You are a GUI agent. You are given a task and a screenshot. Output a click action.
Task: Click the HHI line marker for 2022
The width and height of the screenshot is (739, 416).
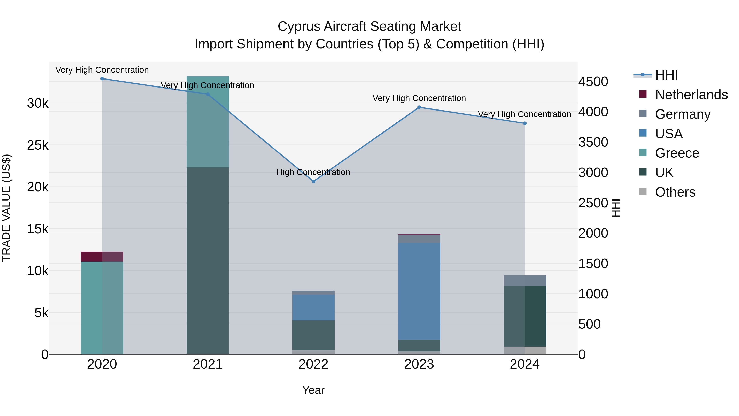(313, 181)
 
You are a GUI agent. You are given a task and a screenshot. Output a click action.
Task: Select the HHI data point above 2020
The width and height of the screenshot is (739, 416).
(102, 79)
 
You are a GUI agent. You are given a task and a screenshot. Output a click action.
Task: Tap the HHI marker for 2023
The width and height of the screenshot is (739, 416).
(419, 107)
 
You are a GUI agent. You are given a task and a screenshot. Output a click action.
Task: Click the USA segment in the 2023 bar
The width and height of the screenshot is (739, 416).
(419, 291)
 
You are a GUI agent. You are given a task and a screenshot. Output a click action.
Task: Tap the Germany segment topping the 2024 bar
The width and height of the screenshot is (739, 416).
(525, 280)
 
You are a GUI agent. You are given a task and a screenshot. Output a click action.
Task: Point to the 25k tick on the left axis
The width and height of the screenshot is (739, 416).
(38, 145)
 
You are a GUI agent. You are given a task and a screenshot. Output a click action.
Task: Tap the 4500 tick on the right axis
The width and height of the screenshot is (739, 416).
(593, 82)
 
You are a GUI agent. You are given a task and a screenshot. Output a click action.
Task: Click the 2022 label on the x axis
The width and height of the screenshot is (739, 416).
(313, 364)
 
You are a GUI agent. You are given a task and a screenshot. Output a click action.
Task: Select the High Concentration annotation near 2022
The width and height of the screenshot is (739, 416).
(313, 172)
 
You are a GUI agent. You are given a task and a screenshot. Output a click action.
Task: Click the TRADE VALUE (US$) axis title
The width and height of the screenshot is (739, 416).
(6, 208)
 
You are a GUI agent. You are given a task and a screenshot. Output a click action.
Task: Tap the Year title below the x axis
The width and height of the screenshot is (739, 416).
(313, 390)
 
